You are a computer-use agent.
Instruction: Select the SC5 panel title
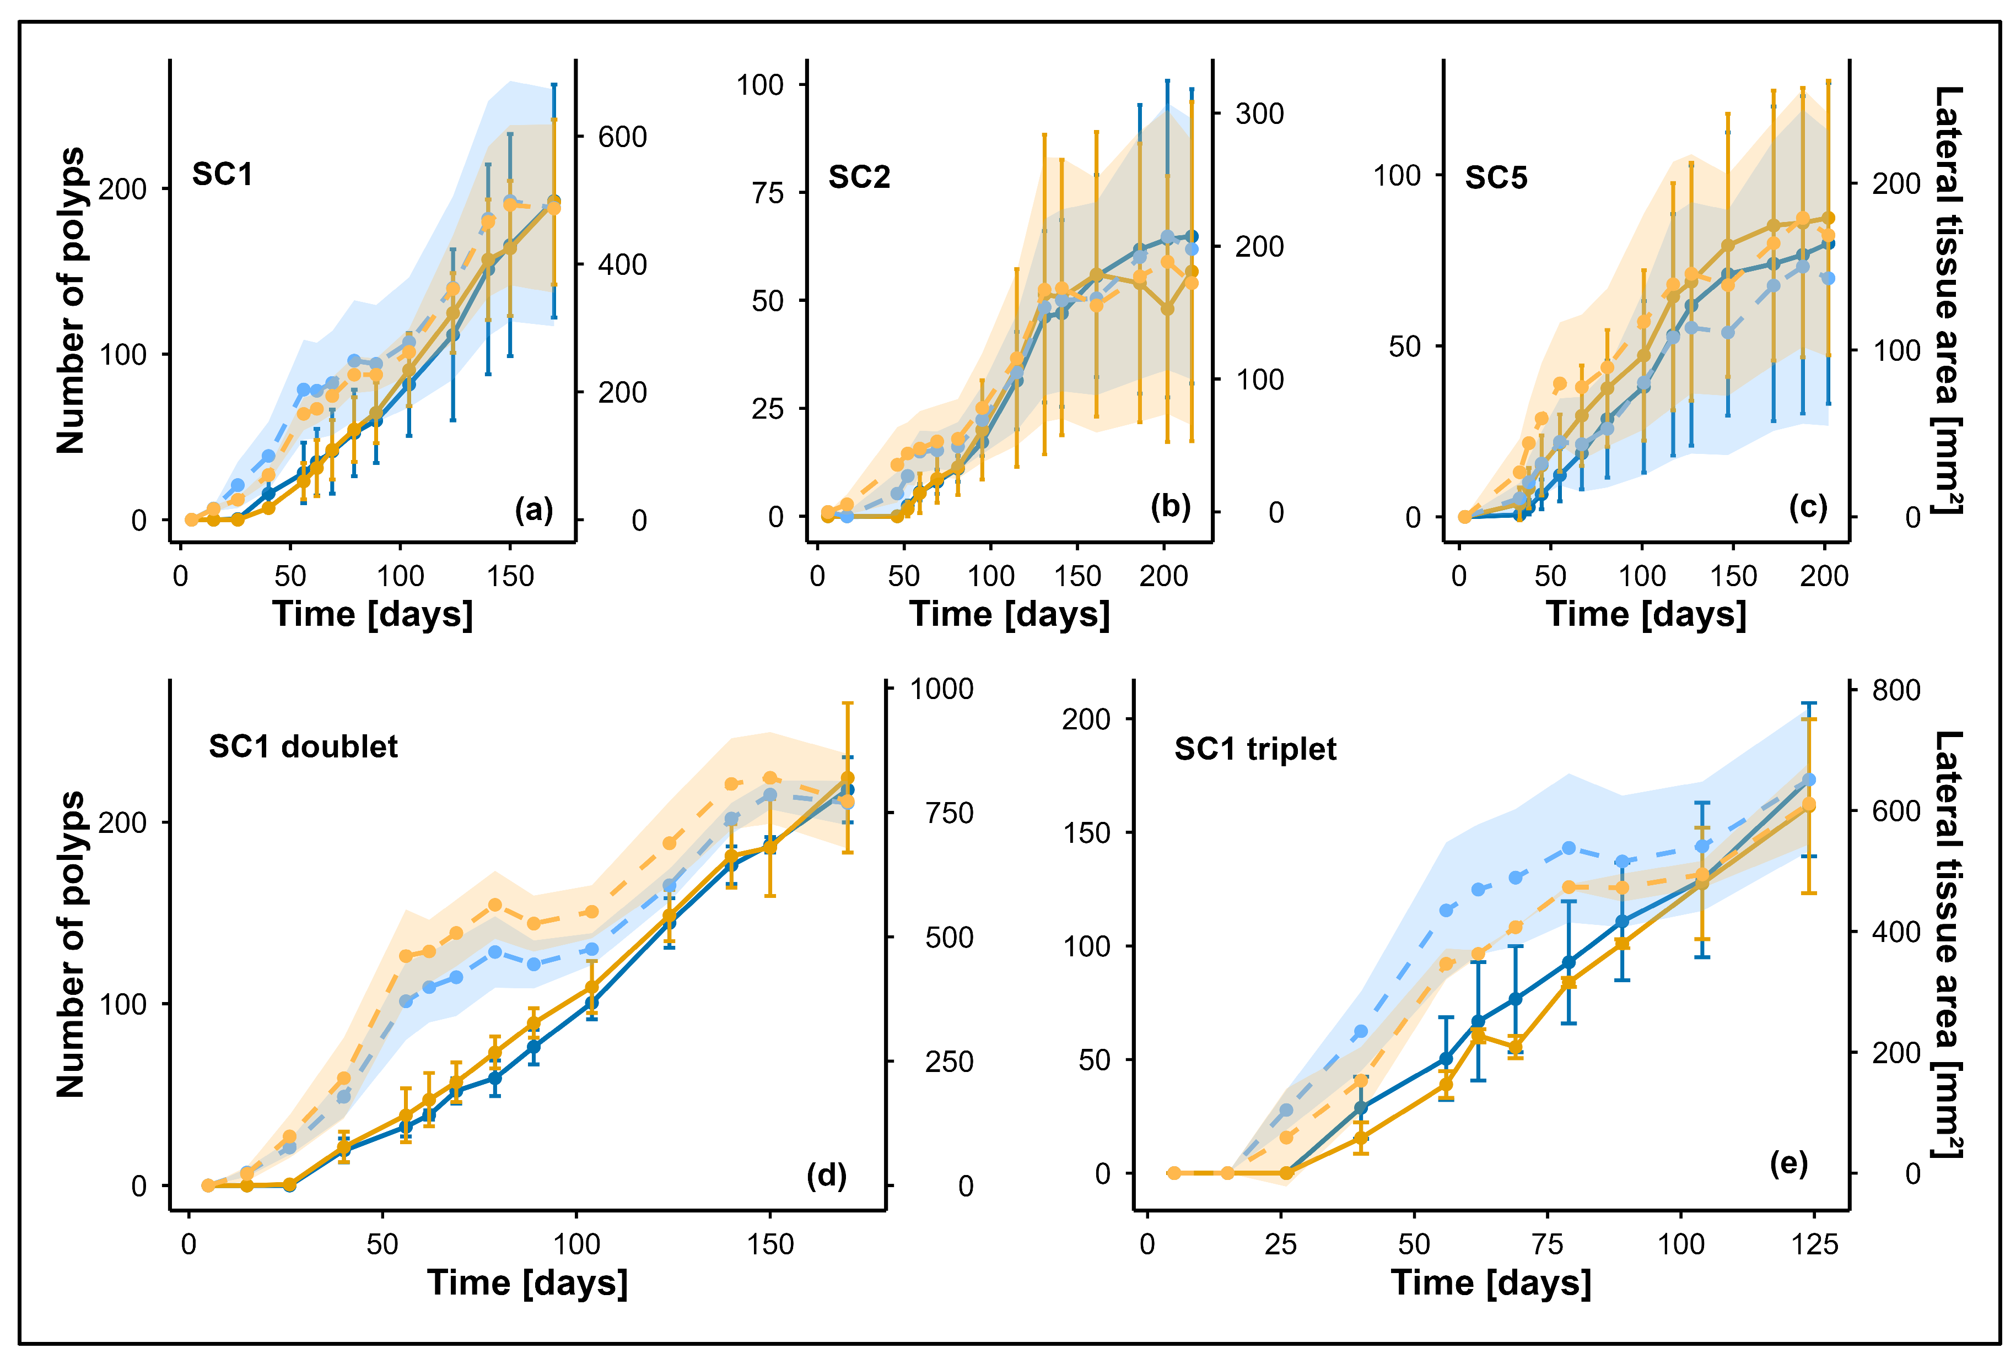(1496, 178)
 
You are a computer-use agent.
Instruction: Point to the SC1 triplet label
(1255, 749)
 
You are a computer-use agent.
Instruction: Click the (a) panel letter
(533, 509)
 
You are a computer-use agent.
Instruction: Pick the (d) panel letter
(826, 1174)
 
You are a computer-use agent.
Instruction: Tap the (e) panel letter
(1788, 1163)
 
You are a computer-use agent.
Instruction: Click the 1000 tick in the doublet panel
(941, 689)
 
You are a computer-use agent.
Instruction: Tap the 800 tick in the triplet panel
(1895, 691)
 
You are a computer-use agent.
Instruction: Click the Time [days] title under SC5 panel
(1646, 614)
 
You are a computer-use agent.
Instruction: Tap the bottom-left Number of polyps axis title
(71, 945)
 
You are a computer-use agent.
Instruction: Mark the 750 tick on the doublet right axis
(948, 813)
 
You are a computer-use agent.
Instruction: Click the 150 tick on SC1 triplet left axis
(1086, 833)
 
